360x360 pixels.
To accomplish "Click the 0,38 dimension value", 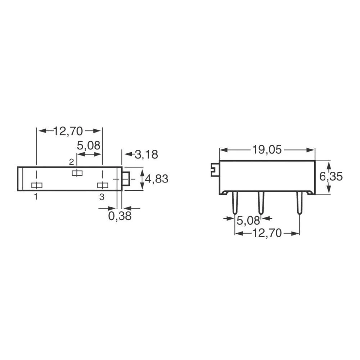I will coord(120,216).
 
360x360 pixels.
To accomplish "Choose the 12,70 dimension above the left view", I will coord(68,131).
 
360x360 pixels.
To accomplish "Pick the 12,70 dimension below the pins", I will coord(267,233).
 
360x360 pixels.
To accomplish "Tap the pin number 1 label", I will coord(36,197).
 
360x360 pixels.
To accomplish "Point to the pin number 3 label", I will coord(102,197).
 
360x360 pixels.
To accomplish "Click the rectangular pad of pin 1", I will coord(37,185).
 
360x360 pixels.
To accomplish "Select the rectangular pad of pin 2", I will coord(77,173).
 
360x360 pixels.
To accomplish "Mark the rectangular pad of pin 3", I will coord(103,185).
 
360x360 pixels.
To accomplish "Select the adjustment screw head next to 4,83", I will coord(126,179).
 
